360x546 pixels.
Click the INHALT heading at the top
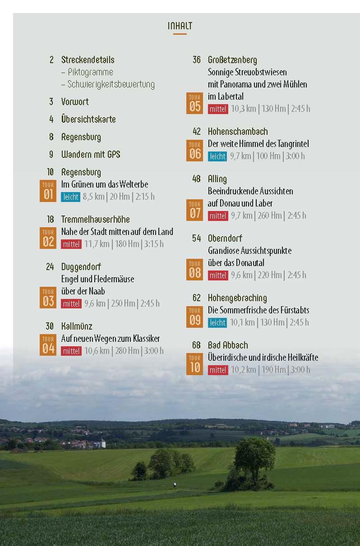pos(180,26)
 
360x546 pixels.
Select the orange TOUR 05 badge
pos(195,103)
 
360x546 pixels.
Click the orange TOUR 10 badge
pos(195,364)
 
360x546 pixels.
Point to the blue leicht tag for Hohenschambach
pos(217,156)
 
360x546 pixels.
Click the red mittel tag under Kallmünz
pos(71,351)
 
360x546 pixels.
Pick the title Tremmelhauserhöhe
pos(95,220)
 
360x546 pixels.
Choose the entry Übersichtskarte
pos(88,119)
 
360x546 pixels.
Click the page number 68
pos(196,345)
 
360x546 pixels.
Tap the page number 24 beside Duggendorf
pos(50,267)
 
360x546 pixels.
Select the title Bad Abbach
pos(228,345)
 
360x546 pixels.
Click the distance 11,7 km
pos(97,244)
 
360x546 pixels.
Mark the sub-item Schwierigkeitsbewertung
pos(111,84)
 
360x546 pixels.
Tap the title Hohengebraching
pos(237,298)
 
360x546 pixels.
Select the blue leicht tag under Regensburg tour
pos(70,197)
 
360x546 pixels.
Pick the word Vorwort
pos(75,102)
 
